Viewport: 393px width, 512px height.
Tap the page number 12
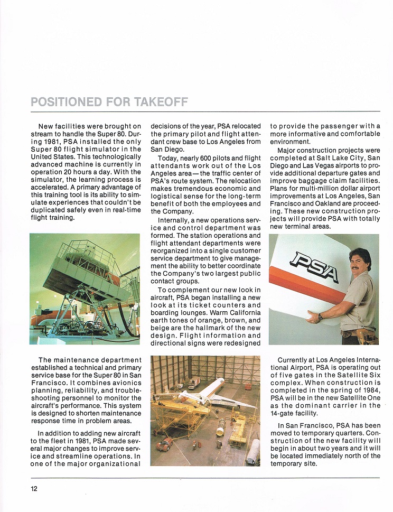(34, 488)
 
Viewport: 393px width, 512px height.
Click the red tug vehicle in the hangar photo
(164, 444)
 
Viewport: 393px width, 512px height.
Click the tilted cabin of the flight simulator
(90, 275)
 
